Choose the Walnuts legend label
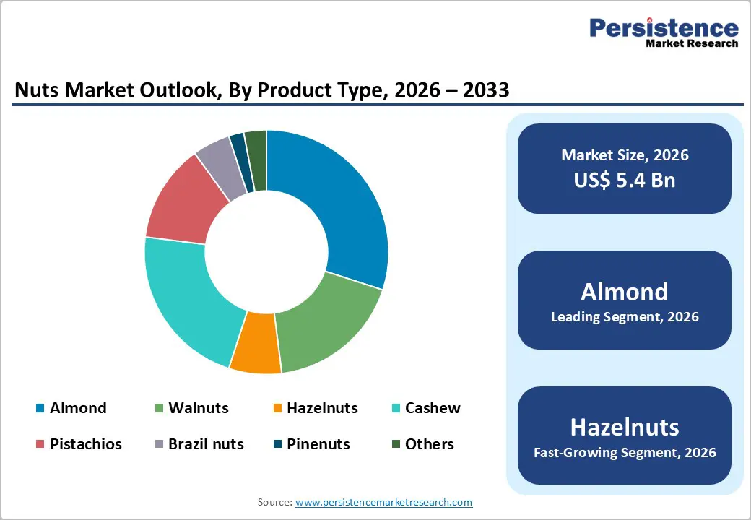198,408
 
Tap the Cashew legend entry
433,408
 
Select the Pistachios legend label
85,444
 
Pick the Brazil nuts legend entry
206,444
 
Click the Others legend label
429,444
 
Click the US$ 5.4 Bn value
625,180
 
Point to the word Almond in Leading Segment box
625,291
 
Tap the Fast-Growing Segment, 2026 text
625,454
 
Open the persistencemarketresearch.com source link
383,502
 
